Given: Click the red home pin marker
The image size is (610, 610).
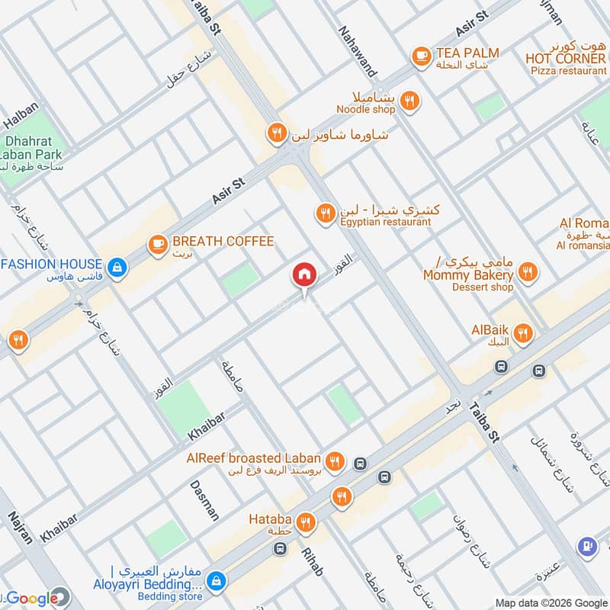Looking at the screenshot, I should [x=304, y=275].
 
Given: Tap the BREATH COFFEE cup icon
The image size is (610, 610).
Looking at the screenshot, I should [x=158, y=243].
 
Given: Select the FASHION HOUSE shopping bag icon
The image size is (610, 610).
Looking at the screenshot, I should [x=117, y=266].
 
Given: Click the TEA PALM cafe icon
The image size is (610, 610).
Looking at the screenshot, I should [x=420, y=55].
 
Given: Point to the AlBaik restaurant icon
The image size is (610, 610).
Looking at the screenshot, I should [x=523, y=332].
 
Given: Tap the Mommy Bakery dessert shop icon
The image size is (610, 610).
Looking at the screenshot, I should [x=527, y=271].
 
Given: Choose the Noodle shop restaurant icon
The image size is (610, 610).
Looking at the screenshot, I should [x=409, y=100].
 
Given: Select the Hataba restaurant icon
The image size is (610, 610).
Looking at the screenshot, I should [x=306, y=522].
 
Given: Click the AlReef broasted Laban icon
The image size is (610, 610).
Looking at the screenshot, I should [x=334, y=461].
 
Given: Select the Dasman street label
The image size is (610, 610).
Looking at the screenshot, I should [x=204, y=499].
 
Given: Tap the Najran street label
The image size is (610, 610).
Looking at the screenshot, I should [x=21, y=527].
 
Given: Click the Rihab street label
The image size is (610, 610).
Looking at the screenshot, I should [x=312, y=560].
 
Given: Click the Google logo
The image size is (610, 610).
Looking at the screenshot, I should [x=34, y=599].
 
